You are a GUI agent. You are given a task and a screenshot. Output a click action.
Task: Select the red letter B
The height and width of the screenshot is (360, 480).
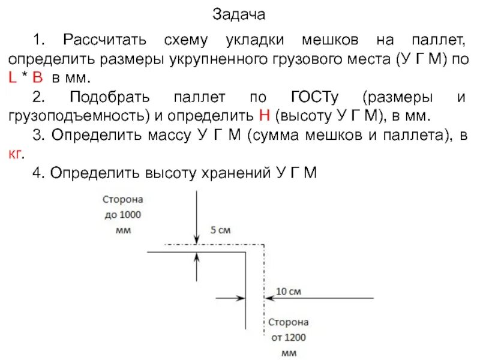(x=38, y=78)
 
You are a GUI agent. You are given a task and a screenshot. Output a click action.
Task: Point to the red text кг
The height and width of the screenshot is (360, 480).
(x=16, y=154)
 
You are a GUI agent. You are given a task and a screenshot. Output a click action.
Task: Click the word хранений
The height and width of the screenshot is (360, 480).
(x=233, y=173)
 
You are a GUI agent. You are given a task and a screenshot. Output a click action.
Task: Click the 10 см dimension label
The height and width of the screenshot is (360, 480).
(x=288, y=292)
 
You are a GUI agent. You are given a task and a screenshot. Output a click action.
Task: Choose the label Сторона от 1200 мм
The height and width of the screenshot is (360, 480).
(x=288, y=337)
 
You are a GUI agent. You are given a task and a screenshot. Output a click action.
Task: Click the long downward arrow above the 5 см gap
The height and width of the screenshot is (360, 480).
(x=196, y=216)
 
